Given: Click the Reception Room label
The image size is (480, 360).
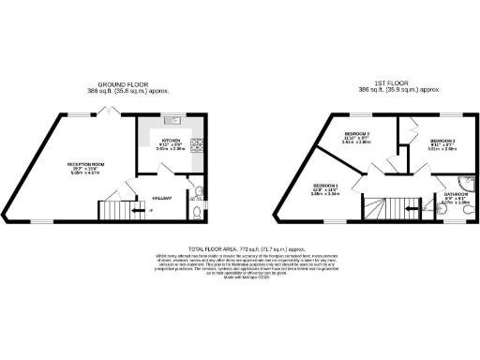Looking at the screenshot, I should (x=84, y=164).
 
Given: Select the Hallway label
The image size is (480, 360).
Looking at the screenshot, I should (x=160, y=197).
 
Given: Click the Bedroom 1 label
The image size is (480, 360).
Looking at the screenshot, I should (x=324, y=187).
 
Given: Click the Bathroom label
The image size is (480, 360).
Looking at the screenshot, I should (x=456, y=194).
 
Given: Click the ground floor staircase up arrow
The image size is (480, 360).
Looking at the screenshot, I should (x=148, y=213).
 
